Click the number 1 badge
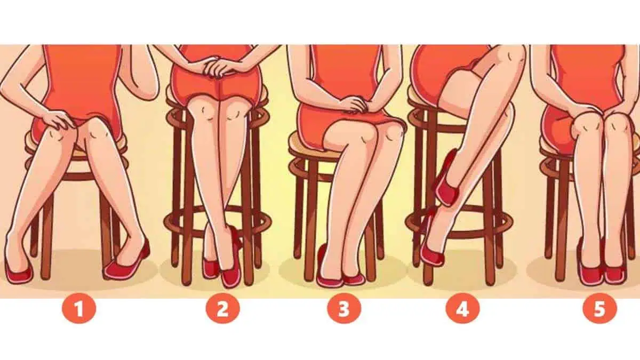tap(79, 310)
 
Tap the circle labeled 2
tap(223, 310)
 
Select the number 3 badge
tap(344, 310)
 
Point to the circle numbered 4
tap(462, 310)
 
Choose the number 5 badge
tap(599, 310)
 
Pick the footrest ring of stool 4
tap(460, 226)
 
